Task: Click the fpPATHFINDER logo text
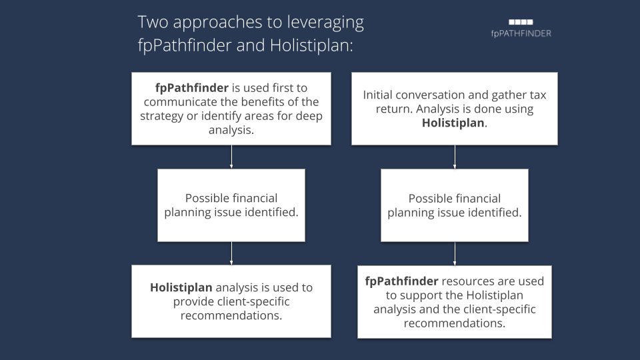coord(521,33)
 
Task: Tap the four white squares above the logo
coord(521,22)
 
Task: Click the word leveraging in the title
coord(325,23)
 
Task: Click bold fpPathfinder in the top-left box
coord(192,88)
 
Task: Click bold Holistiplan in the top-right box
coord(453,123)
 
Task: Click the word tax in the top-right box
coord(537,95)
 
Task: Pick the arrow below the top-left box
coord(231,157)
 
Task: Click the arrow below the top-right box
coord(455,157)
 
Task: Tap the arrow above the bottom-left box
coord(231,253)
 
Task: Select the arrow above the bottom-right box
coord(455,254)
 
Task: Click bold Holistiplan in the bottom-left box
coord(181,288)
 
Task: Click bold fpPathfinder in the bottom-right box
coord(401,281)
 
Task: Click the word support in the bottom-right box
coord(420,295)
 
